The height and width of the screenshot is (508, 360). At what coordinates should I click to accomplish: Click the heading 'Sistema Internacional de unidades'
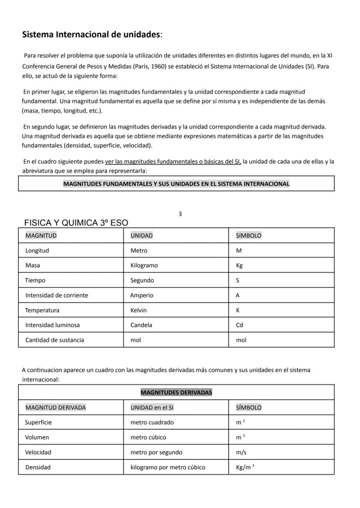tap(92, 34)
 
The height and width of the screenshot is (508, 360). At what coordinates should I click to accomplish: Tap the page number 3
tap(180, 214)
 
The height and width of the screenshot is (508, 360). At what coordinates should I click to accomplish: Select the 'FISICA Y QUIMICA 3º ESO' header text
tap(76, 223)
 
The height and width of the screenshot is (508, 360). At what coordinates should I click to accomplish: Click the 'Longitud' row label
tap(37, 251)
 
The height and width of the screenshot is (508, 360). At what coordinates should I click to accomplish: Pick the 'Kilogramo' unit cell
tap(144, 266)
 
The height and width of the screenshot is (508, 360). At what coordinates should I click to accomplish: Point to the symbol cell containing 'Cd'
tap(240, 325)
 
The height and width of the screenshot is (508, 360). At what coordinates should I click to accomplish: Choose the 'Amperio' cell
tap(142, 296)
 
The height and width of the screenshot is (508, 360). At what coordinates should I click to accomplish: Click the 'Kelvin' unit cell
tap(139, 310)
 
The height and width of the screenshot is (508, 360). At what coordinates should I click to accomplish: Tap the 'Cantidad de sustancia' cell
tap(54, 340)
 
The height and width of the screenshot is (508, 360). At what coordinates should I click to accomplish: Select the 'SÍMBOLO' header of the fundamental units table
tap(249, 236)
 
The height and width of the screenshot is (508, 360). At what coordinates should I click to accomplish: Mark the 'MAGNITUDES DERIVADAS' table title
tap(176, 392)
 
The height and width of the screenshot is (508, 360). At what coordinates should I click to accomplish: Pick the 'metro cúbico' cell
tap(148, 438)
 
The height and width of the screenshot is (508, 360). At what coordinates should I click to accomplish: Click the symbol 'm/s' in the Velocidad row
tap(241, 452)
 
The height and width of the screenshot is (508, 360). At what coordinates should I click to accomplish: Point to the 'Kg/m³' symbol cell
tap(245, 467)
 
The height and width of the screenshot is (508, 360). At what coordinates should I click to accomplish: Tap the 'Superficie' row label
tap(38, 422)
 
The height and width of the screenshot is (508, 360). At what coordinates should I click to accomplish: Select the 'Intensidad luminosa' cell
tap(52, 325)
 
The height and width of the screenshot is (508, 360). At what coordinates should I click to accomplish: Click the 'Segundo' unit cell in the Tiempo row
tap(142, 280)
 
